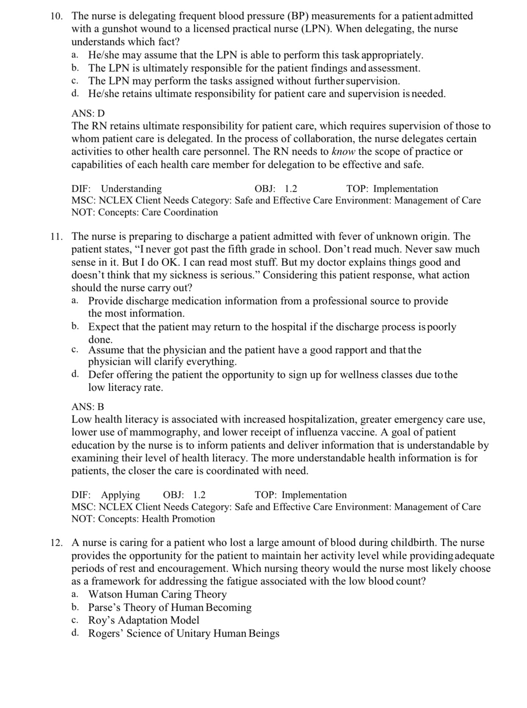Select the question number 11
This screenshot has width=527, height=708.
(x=56, y=236)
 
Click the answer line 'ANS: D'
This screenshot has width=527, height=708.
(x=88, y=113)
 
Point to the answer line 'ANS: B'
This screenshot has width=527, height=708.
(x=87, y=407)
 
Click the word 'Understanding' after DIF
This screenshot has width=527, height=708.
(x=131, y=189)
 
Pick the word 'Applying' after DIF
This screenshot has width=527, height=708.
(x=120, y=495)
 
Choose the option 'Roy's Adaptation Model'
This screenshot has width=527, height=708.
(x=143, y=620)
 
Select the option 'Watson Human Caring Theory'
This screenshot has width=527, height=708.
(x=157, y=594)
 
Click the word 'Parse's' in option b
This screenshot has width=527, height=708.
(x=104, y=608)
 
